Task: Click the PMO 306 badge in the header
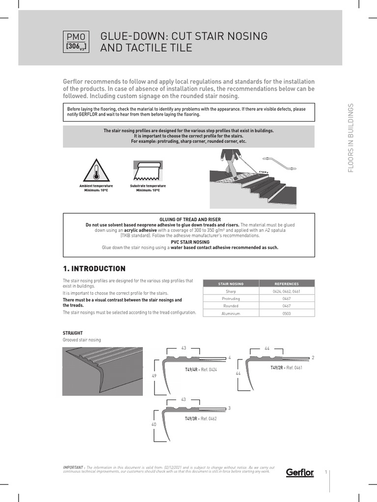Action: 76,42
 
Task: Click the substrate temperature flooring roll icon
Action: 147,171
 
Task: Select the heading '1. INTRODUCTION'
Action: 94,269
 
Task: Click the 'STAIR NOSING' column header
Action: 230,284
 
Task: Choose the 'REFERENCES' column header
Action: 286,284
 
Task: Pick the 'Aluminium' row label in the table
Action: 230,313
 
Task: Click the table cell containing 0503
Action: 286,313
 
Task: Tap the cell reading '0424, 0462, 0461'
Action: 286,291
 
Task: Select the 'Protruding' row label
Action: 230,299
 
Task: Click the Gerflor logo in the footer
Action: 300,473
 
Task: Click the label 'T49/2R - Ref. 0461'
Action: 286,367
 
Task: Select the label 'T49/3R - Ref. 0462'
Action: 200,419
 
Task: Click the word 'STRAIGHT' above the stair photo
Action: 73,333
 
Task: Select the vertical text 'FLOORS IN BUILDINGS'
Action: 350,139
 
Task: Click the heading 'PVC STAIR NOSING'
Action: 189,242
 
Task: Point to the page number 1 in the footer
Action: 326,472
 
